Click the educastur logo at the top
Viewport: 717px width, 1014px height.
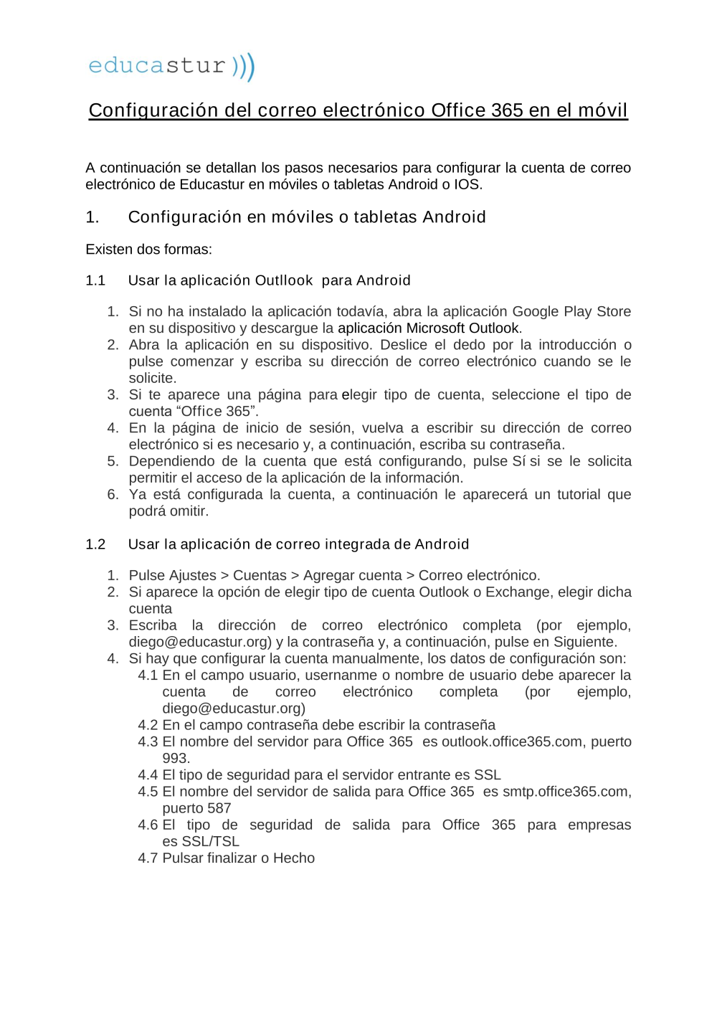point(171,66)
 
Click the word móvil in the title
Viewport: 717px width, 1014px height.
point(602,110)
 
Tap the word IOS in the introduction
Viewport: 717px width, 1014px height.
point(466,184)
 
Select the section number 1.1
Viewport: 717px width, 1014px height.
point(95,280)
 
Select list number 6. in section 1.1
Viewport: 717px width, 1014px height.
point(113,494)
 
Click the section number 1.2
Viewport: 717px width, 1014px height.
point(95,544)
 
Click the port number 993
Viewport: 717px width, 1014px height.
point(175,758)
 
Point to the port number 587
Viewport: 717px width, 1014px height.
point(218,808)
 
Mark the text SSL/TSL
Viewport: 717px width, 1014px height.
point(210,841)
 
